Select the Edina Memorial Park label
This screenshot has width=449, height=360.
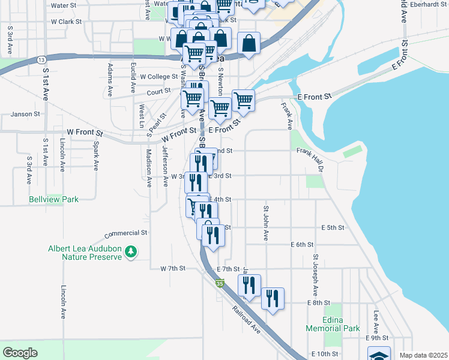click(x=333, y=324)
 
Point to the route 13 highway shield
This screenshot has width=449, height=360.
click(x=41, y=60)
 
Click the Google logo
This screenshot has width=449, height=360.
click(x=20, y=353)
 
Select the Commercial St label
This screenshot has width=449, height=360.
click(x=125, y=233)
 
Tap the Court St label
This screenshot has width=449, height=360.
click(x=158, y=92)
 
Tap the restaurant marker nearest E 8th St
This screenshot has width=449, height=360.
click(x=273, y=299)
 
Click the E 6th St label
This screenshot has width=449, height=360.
click(x=302, y=245)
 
